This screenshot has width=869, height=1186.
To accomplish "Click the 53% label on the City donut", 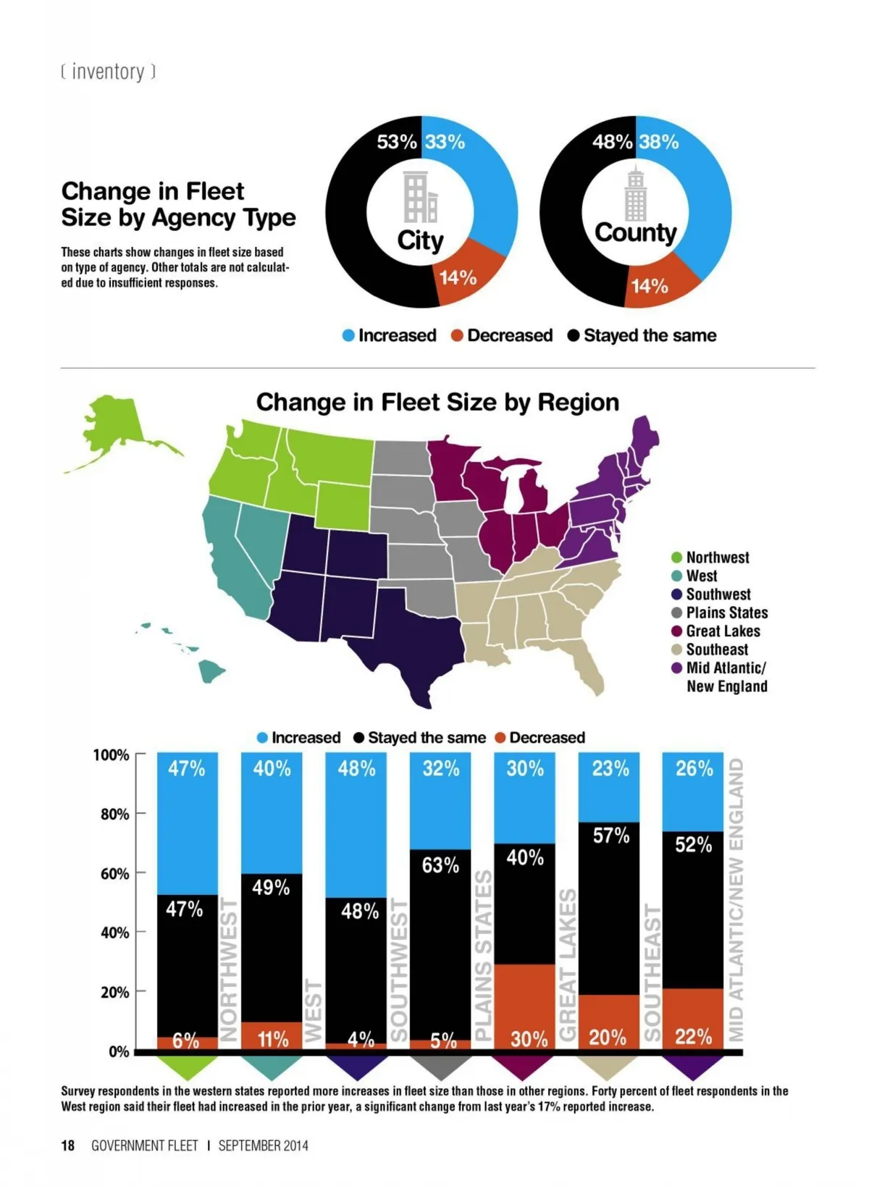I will (396, 142).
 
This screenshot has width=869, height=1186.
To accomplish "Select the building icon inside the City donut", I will (420, 197).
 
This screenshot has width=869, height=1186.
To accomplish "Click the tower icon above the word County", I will (635, 193).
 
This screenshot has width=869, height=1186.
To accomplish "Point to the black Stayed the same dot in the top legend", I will (574, 335).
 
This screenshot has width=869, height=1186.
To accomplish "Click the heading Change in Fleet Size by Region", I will (437, 402).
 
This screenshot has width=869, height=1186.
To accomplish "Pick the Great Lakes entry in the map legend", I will (723, 631).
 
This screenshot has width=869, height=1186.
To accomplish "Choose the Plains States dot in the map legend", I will (677, 613).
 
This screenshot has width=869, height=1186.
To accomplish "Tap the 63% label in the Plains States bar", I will (440, 865).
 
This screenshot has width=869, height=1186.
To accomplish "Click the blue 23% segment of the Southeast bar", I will (609, 786).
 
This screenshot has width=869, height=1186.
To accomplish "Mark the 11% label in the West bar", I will (273, 1039).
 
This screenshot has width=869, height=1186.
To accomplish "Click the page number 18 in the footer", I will (67, 1145).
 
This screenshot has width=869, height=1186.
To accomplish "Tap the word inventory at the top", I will (108, 72).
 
